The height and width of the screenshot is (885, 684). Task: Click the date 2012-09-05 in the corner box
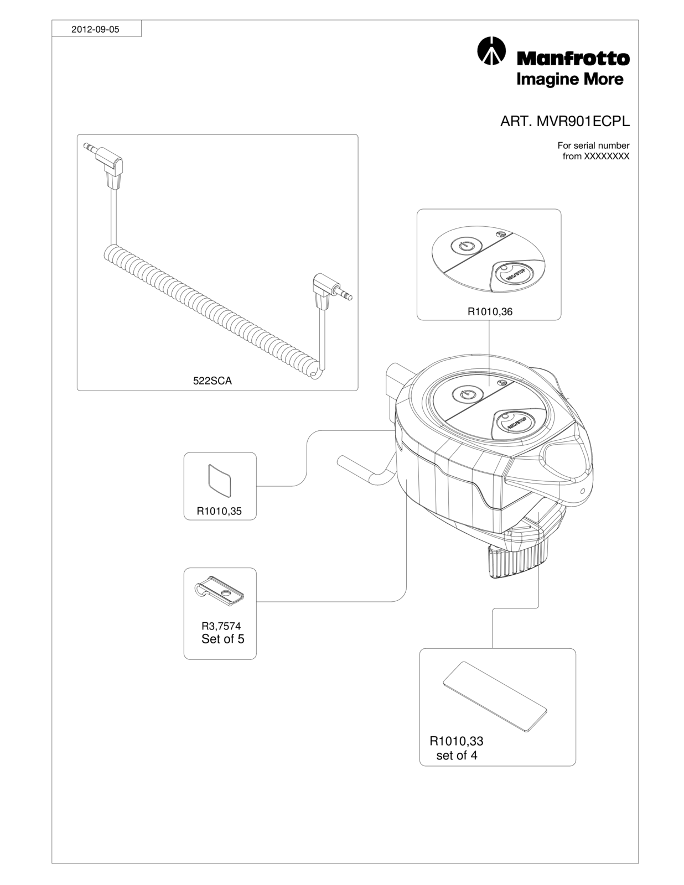(95, 29)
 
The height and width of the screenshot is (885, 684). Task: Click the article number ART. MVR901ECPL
(564, 121)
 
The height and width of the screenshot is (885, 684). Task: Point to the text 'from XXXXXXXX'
(595, 157)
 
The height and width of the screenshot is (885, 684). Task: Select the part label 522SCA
(213, 381)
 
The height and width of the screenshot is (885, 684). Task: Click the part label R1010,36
(490, 312)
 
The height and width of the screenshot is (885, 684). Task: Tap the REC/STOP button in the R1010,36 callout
(514, 274)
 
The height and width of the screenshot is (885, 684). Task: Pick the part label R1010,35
(219, 511)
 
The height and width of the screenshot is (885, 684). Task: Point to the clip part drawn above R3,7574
(219, 590)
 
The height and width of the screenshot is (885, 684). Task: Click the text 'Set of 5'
(223, 639)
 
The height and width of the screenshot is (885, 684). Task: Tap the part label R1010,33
(456, 741)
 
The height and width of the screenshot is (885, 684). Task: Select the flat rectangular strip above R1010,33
(495, 697)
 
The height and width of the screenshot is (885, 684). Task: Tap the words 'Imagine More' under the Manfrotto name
(570, 80)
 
